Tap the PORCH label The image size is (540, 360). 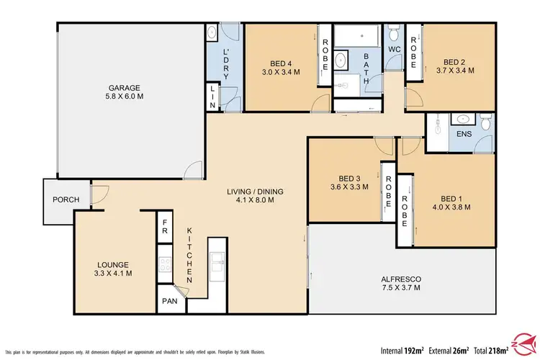click(x=59, y=200)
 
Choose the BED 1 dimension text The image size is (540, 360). click(x=453, y=207)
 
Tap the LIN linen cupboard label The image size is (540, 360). click(x=213, y=97)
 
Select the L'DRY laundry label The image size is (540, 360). click(x=225, y=60)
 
